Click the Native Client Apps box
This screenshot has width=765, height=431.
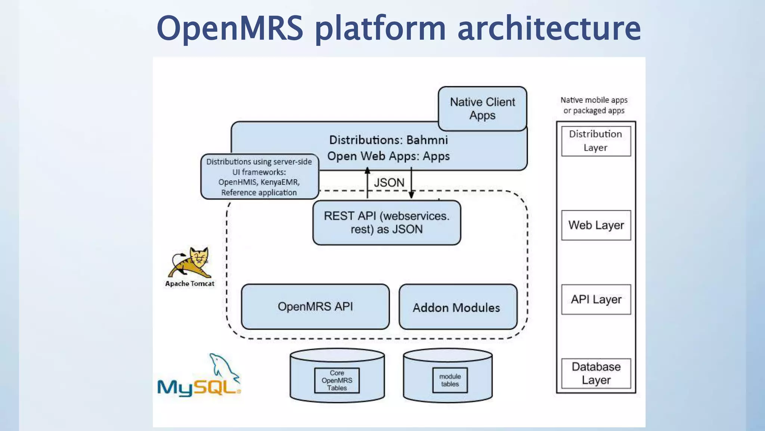(x=482, y=108)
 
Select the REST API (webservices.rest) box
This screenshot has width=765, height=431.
(x=387, y=223)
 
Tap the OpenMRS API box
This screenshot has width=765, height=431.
(x=315, y=307)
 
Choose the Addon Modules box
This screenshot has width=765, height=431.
(x=458, y=307)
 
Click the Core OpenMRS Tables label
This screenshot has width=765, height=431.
(x=337, y=380)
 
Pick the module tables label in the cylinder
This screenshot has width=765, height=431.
(x=450, y=380)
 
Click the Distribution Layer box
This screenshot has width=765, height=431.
(x=596, y=141)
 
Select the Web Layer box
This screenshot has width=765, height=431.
(x=596, y=225)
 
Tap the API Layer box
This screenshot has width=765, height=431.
(x=596, y=299)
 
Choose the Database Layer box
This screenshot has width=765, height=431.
(x=596, y=373)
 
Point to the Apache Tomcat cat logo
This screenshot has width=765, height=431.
(x=191, y=262)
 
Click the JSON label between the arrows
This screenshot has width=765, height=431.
(x=389, y=183)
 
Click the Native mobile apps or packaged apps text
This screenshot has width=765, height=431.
(x=594, y=105)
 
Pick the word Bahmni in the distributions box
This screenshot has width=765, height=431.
(x=427, y=140)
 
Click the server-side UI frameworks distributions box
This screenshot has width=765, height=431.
(x=259, y=177)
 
